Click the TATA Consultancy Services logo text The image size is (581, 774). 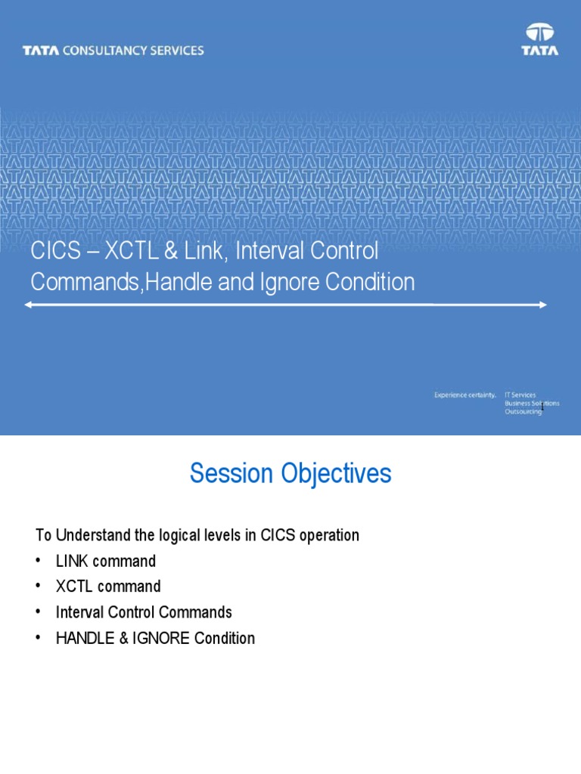(x=113, y=51)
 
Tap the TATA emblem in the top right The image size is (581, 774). (x=539, y=39)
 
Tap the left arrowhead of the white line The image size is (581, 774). (x=28, y=305)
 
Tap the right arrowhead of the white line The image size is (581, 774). (x=542, y=305)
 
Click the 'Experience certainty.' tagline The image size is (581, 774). (x=465, y=395)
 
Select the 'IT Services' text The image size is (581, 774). (x=520, y=395)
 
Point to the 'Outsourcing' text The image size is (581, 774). (x=524, y=412)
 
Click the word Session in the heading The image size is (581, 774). (x=231, y=474)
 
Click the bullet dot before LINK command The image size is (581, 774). (x=38, y=562)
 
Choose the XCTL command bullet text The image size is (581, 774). (x=108, y=587)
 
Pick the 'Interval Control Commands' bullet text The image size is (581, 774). (x=144, y=612)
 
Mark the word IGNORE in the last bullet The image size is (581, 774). (x=159, y=638)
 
